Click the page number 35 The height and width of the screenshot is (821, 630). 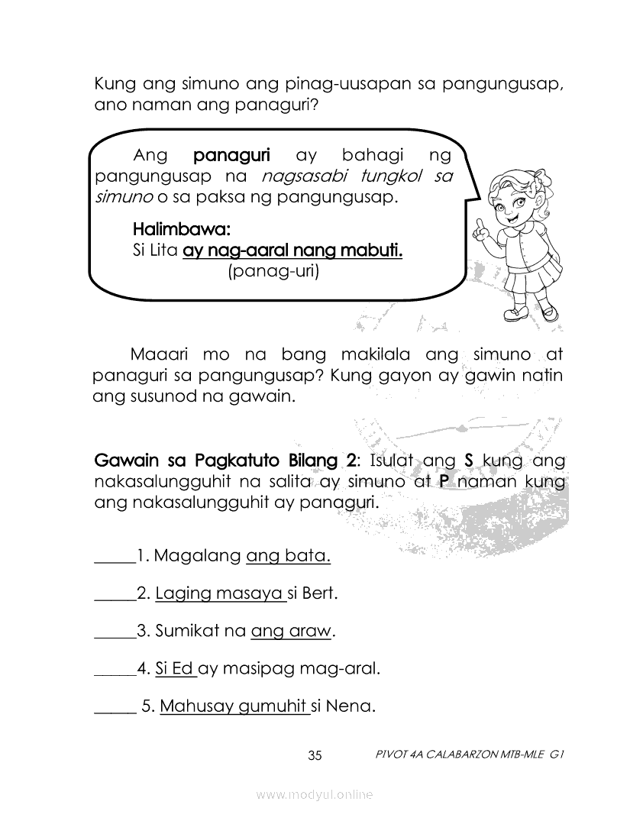(x=315, y=756)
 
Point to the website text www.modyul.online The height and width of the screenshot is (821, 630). (x=315, y=795)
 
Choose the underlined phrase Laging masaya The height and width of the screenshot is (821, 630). (x=220, y=593)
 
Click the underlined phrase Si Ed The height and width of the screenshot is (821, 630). (x=174, y=669)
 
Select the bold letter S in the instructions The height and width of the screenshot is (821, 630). (x=470, y=461)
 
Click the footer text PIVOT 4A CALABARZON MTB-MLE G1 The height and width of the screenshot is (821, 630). (x=470, y=756)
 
